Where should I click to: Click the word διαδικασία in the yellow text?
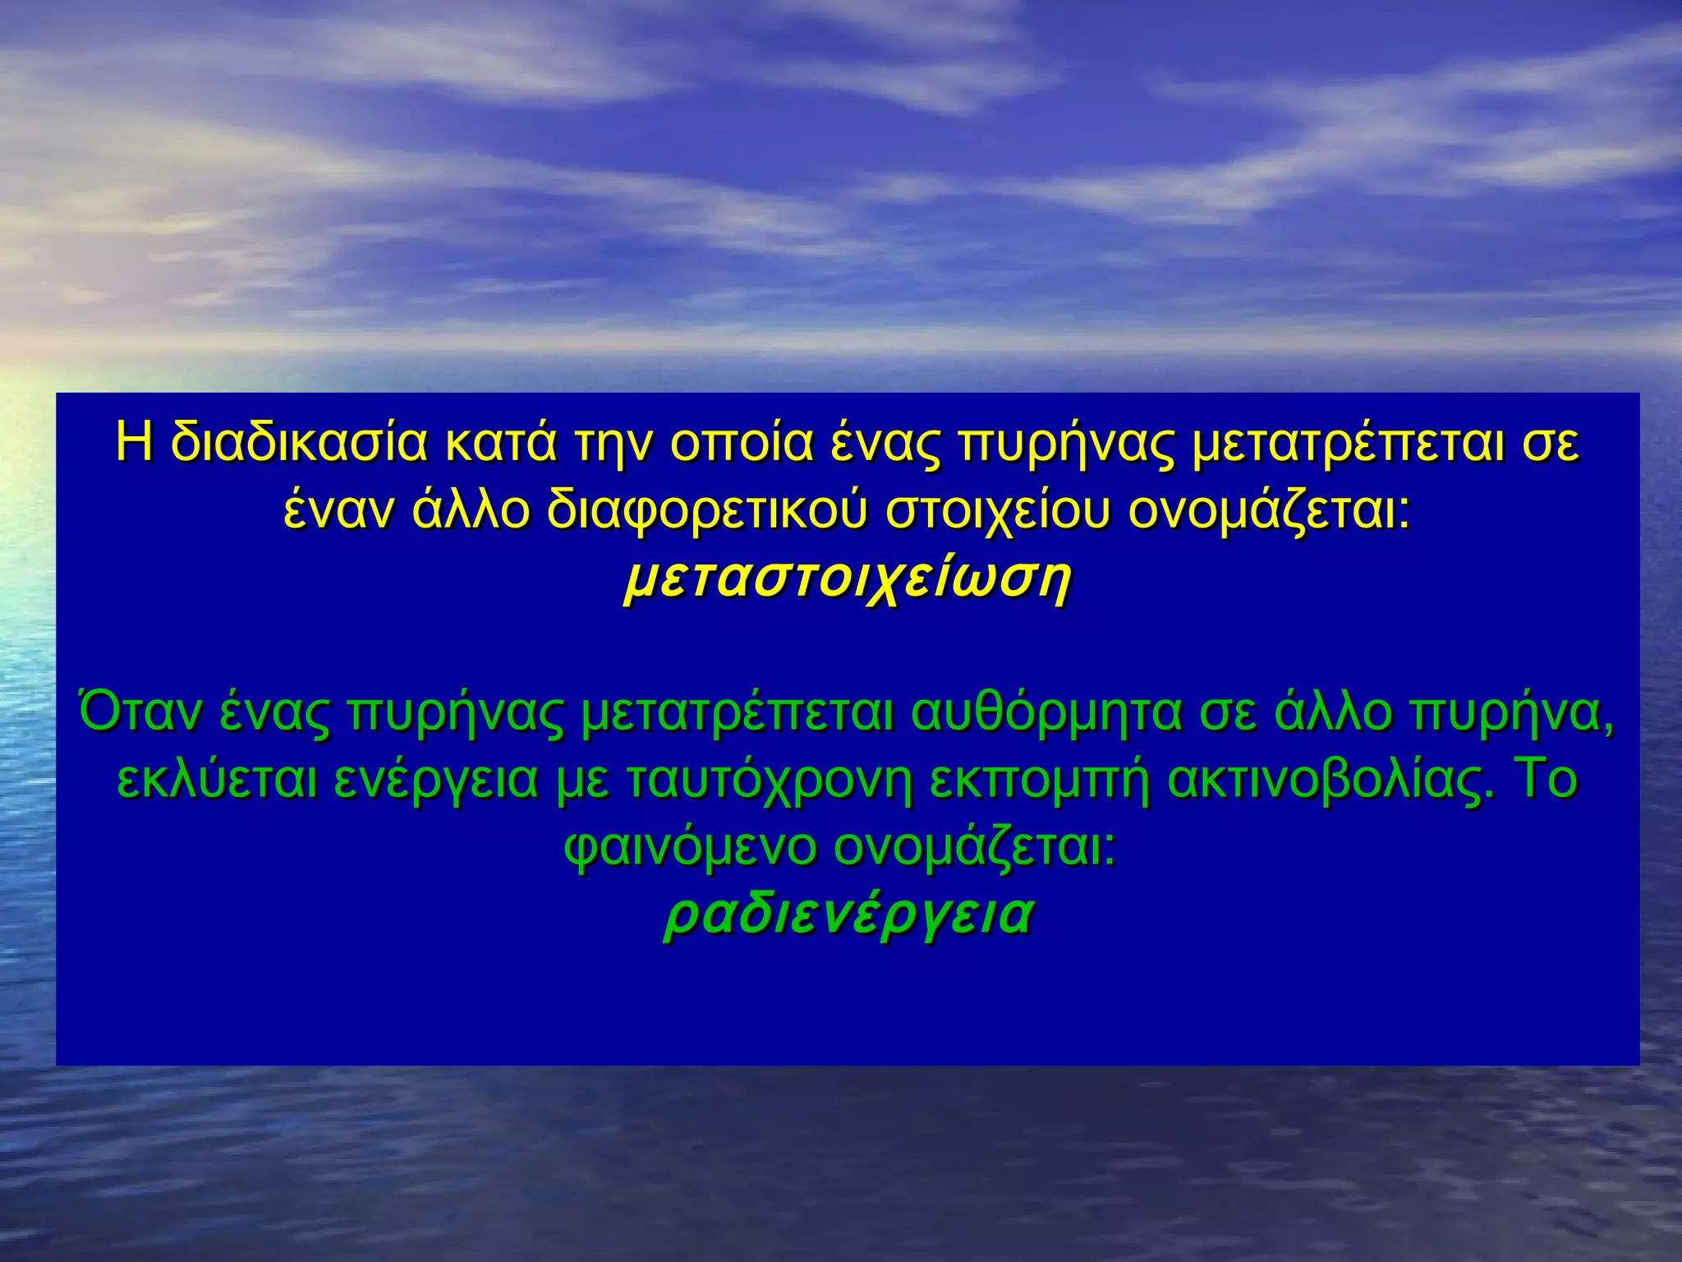300,444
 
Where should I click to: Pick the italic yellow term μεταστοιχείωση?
847,581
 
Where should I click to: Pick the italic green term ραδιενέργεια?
847,915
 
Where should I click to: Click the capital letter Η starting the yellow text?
134,444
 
